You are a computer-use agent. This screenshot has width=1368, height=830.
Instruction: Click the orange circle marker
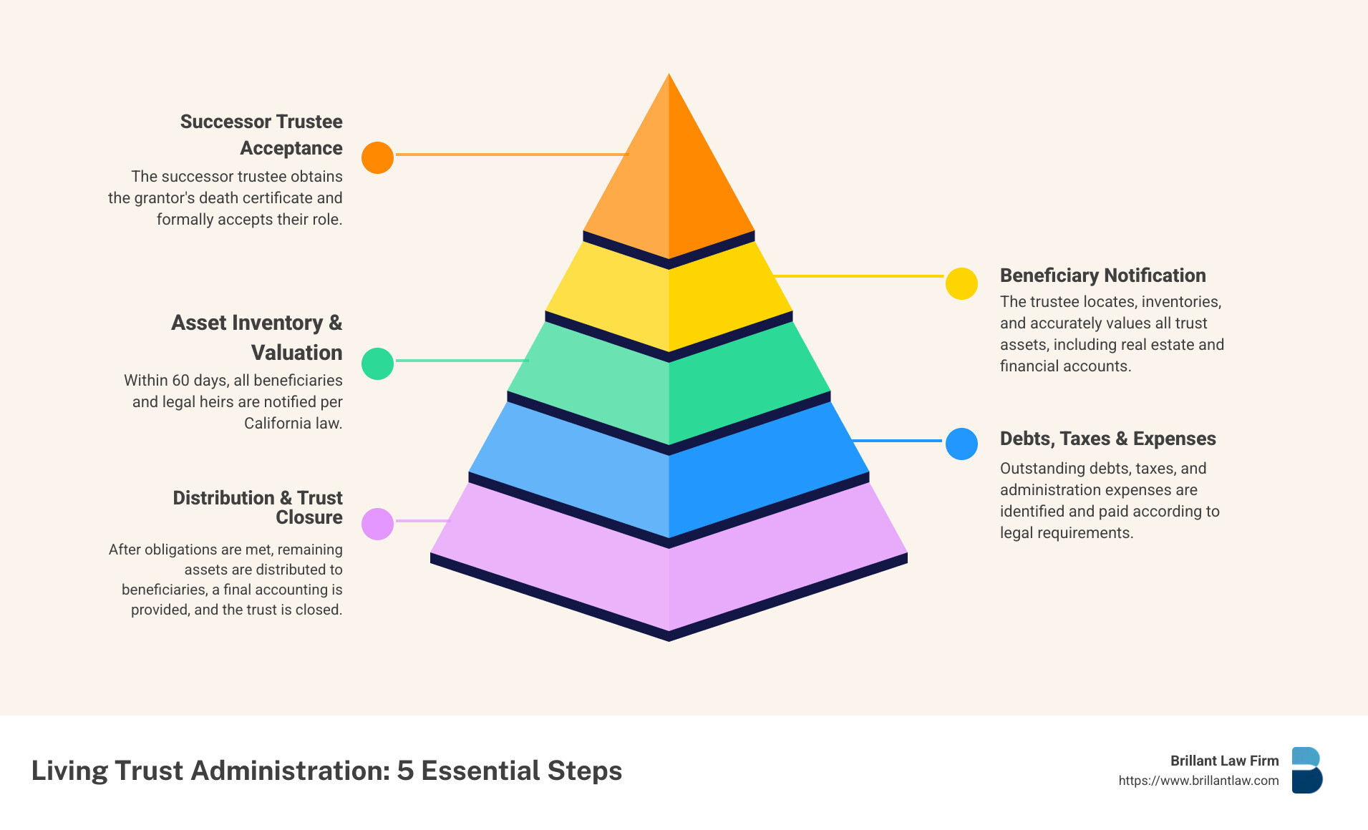pyautogui.click(x=377, y=157)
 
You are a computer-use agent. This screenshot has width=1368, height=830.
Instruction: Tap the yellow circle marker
pyautogui.click(x=961, y=283)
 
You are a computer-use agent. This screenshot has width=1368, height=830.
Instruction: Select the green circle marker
pyautogui.click(x=377, y=363)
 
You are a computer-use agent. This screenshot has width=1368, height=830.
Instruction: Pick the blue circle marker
pyautogui.click(x=961, y=444)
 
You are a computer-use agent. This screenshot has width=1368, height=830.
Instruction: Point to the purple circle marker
pyautogui.click(x=377, y=524)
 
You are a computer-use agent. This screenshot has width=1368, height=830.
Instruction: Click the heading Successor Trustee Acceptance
pyautogui.click(x=261, y=135)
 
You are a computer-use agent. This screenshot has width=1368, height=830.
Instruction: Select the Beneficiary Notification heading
pyautogui.click(x=1102, y=275)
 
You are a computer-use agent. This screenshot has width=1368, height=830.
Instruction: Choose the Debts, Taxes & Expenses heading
pyautogui.click(x=1107, y=439)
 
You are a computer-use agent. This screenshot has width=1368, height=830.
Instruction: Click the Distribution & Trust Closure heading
pyautogui.click(x=258, y=507)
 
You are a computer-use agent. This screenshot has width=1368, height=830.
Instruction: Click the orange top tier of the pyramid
pyautogui.click(x=669, y=172)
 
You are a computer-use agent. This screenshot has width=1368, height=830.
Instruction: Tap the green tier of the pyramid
pyautogui.click(x=669, y=386)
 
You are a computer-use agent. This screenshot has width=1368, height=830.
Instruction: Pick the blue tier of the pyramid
pyautogui.click(x=669, y=472)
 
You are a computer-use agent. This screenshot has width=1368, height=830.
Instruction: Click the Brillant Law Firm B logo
pyautogui.click(x=1307, y=770)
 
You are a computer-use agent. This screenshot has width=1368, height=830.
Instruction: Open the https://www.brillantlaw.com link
pyautogui.click(x=1198, y=781)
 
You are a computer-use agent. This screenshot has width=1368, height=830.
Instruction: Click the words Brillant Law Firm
pyautogui.click(x=1224, y=761)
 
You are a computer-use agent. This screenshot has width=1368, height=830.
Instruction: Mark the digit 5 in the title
pyautogui.click(x=405, y=771)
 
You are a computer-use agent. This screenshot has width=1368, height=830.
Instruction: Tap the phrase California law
pyautogui.click(x=293, y=423)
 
